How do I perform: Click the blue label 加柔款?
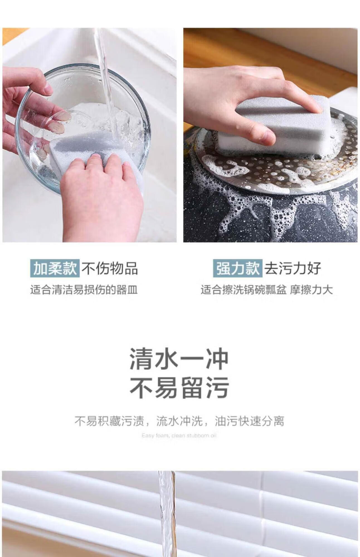[x=55, y=268]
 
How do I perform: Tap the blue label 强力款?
[x=237, y=268]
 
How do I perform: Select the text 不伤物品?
[x=110, y=268]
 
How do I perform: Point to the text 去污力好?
[x=293, y=268]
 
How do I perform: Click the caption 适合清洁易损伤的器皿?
[x=84, y=290]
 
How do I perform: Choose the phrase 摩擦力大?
[x=311, y=290]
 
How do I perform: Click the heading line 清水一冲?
[x=179, y=359]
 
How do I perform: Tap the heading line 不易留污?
[x=179, y=387]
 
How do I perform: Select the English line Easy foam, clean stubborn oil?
[x=179, y=436]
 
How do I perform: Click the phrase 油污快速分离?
[x=250, y=421]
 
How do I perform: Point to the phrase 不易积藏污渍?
[x=109, y=421]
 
